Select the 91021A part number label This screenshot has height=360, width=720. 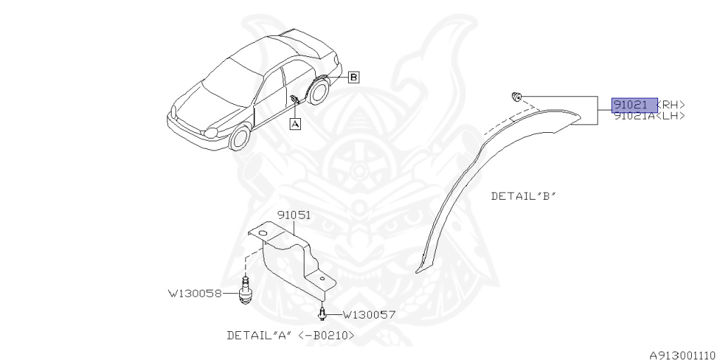point(635,116)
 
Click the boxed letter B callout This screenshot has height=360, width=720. point(354,77)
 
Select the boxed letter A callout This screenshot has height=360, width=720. point(295,124)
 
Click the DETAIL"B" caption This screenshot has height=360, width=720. point(523,197)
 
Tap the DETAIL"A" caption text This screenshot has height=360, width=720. point(258,335)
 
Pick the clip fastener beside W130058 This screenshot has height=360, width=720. point(245,291)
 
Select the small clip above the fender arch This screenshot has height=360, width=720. point(517,96)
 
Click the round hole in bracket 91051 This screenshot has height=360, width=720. point(262,233)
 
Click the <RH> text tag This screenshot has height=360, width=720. point(671,105)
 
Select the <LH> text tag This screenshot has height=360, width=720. point(671,116)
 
